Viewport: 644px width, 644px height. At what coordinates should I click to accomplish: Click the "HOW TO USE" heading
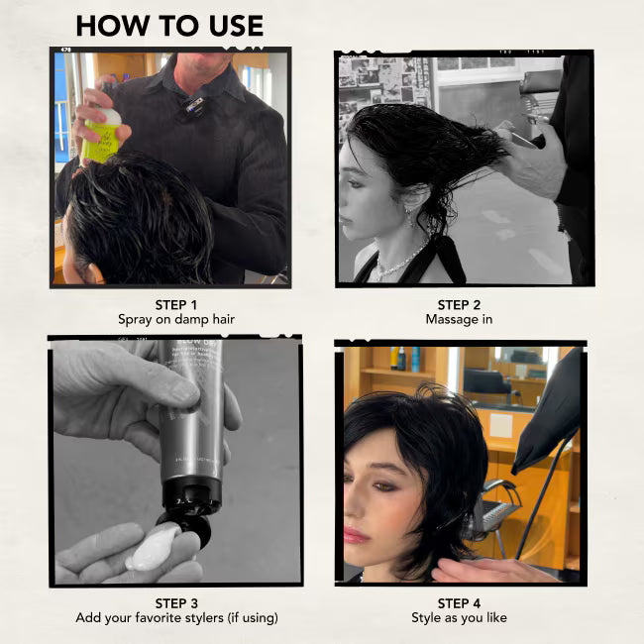[169, 26]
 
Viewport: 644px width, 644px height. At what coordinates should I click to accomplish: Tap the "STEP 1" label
[176, 305]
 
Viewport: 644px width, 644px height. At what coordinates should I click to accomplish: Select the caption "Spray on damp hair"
[176, 320]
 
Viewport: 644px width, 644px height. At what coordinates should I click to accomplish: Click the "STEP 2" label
[459, 305]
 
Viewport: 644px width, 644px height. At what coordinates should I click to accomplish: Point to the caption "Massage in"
[459, 320]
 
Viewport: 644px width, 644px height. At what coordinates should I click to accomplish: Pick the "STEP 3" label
[176, 603]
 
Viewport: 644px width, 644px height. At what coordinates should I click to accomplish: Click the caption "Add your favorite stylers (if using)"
[176, 617]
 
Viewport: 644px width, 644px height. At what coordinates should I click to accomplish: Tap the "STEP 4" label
[459, 603]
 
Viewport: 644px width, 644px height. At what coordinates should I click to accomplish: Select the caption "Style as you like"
[459, 617]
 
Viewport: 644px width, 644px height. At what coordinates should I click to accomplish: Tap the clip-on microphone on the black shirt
[194, 105]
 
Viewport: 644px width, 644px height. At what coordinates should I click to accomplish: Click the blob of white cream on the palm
[153, 549]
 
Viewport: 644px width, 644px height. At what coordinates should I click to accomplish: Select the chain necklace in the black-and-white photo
[399, 262]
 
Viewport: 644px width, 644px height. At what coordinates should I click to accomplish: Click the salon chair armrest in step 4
[500, 488]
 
